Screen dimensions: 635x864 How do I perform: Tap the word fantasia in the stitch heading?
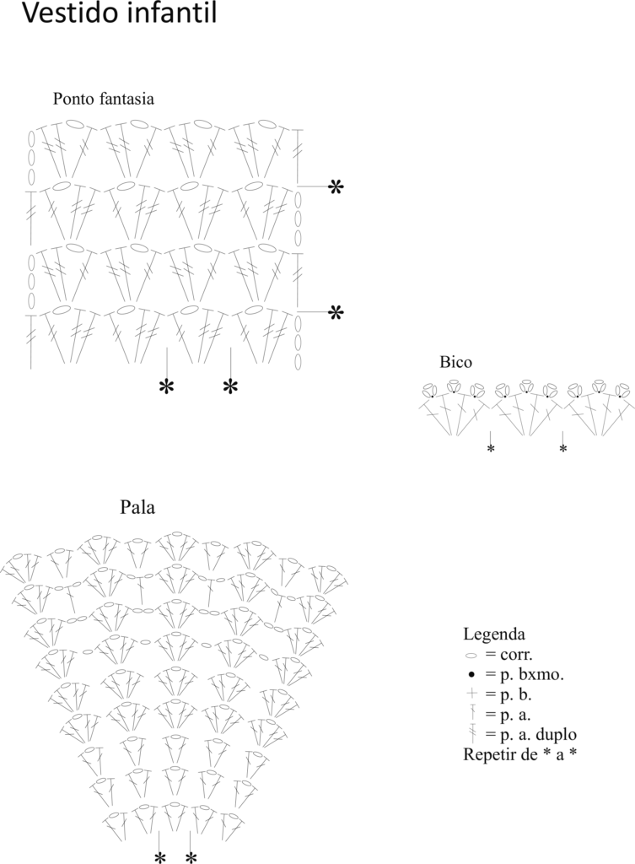click(127, 99)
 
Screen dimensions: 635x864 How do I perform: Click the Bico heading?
click(455, 362)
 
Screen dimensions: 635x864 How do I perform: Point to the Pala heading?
click(137, 507)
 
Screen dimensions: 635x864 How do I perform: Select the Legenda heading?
click(494, 634)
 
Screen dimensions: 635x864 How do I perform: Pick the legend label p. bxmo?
click(525, 674)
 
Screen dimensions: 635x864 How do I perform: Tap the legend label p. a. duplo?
click(531, 735)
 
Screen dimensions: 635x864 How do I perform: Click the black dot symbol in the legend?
click(471, 674)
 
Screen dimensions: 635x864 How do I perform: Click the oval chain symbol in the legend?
click(471, 656)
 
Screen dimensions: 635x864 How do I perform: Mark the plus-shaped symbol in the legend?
click(471, 694)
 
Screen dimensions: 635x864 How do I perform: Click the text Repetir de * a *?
click(520, 754)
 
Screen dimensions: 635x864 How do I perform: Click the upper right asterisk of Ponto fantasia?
click(336, 187)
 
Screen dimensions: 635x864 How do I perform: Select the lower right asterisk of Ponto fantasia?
click(336, 313)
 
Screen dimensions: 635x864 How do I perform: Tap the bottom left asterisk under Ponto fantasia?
click(166, 386)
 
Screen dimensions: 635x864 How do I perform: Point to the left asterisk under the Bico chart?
click(490, 449)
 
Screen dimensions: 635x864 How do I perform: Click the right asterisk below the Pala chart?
click(191, 857)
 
